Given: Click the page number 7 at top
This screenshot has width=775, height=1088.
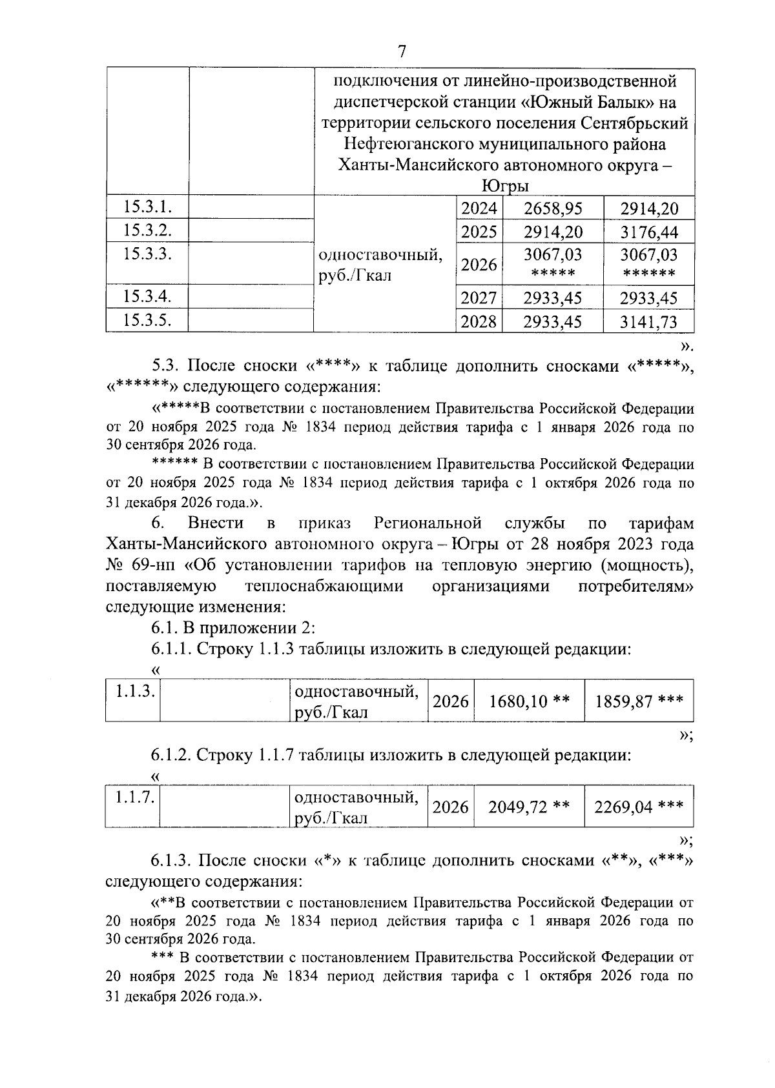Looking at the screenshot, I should pos(402,52).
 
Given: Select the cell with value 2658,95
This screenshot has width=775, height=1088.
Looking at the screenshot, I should pos(553,208).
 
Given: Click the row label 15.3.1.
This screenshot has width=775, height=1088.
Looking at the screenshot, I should pos(147,207).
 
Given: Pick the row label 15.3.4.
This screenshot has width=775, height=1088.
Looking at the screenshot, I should pos(147,296).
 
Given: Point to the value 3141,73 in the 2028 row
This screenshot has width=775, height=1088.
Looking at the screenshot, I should pos(648,321).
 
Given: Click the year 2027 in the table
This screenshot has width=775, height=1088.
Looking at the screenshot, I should pos(479,297).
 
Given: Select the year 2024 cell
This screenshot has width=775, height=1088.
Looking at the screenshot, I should pos(479,208).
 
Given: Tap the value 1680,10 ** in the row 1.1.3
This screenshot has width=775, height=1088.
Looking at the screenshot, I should pos(529,701).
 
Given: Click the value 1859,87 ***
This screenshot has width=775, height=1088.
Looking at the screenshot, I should pos(639,701).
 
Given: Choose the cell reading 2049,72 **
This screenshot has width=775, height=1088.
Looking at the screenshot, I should pos(529,807).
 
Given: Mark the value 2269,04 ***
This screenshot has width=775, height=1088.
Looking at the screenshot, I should pos(639,807).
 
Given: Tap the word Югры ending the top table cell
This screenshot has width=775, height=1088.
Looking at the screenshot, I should pos(504,186).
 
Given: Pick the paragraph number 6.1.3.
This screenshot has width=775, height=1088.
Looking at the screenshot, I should pos(171,860).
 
